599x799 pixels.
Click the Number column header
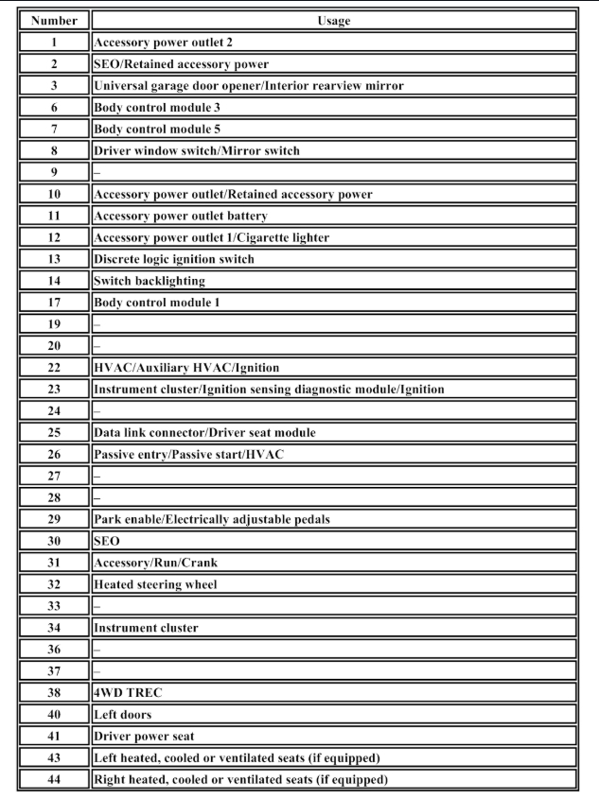(54, 20)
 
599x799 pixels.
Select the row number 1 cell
(54, 43)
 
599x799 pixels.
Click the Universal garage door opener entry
(248, 86)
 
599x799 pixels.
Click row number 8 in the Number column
(54, 150)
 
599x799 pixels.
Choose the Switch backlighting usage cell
(150, 281)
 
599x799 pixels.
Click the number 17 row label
(54, 303)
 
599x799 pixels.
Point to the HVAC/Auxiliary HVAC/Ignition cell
(186, 368)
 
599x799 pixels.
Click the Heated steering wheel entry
(155, 584)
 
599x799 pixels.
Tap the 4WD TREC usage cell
(128, 693)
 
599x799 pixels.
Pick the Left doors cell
(122, 715)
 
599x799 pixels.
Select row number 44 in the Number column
(54, 780)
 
